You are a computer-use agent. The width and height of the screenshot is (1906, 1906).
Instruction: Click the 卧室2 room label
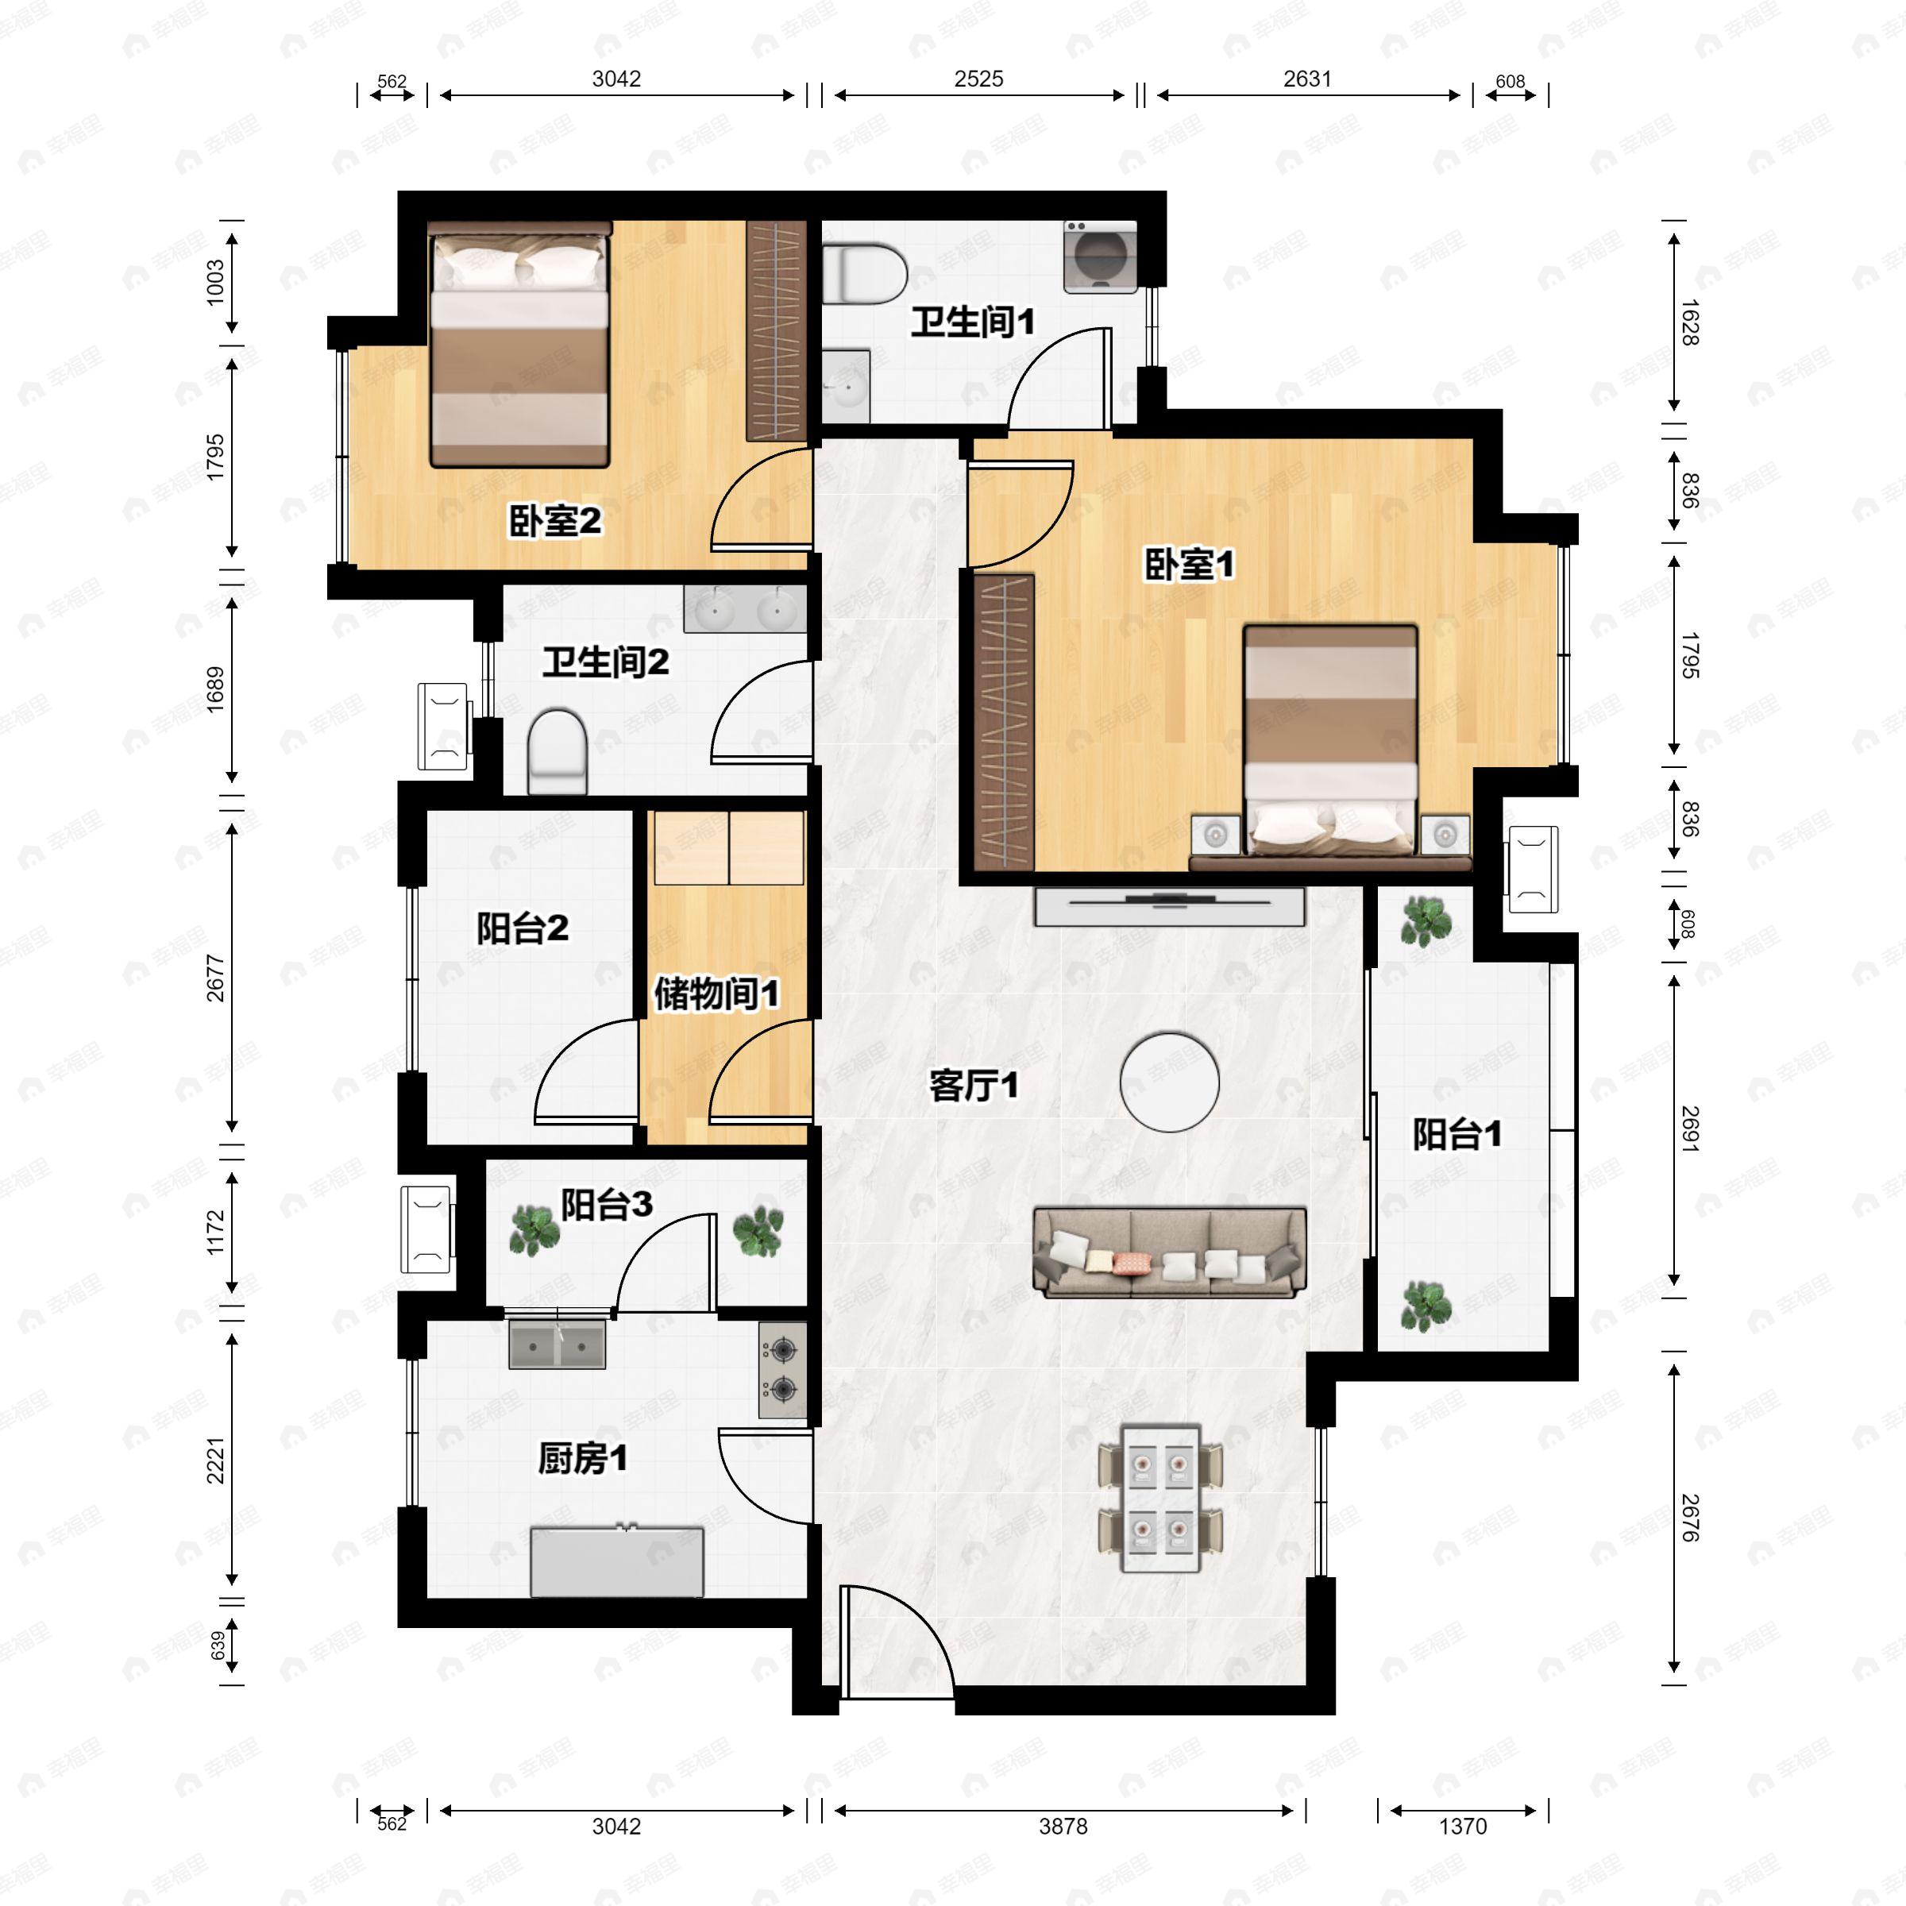point(554,521)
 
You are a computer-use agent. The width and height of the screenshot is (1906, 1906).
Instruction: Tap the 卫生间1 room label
point(972,322)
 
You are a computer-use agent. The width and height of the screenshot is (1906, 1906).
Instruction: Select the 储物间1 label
point(716,994)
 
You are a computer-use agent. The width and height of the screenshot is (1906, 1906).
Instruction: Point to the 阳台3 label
point(607,1205)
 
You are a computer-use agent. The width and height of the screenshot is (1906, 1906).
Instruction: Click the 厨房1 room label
point(582,1458)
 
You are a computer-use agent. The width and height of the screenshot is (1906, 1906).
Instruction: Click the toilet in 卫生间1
point(864,274)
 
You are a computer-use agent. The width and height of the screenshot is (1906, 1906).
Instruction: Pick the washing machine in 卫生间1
point(1100,257)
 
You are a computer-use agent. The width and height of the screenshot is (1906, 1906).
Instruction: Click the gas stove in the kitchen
point(782,1370)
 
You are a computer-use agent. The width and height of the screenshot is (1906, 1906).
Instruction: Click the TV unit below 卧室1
point(1169,905)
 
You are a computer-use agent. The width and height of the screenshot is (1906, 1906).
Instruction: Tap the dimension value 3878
point(1063,1826)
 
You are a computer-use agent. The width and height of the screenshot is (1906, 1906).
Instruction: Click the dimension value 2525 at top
point(978,79)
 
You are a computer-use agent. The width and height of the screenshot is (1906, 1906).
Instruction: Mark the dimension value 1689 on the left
point(215,689)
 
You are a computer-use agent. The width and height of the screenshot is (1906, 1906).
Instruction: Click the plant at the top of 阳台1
point(1426,921)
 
